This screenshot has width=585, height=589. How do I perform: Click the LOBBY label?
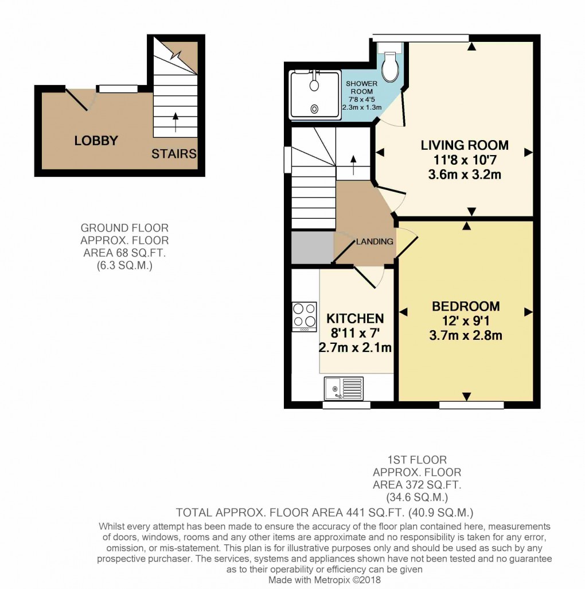point(96,141)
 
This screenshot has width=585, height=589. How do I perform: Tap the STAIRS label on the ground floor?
point(174,154)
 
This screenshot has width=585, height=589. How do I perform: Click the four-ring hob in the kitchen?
point(305,316)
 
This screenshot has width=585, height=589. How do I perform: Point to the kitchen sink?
point(344,389)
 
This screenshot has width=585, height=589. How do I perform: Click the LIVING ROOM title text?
point(465,145)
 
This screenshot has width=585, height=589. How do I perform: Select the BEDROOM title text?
point(466,307)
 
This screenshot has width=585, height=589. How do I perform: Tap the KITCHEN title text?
point(355,319)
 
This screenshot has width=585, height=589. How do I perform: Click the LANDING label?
point(375,242)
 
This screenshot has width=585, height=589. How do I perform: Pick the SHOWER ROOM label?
point(362,87)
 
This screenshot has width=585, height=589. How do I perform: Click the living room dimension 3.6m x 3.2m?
point(465,175)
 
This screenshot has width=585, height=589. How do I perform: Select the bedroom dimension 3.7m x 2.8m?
point(466,335)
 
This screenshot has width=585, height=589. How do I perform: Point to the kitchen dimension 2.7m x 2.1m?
point(355,347)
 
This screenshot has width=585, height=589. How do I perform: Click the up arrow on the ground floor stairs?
point(175,122)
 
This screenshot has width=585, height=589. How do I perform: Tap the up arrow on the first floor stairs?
point(353,165)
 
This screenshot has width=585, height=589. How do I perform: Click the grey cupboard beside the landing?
point(313,247)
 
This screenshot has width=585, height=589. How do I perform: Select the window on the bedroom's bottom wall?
point(471,405)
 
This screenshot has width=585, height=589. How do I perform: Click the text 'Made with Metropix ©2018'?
point(325,580)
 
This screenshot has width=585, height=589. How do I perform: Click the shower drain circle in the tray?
point(314,109)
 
